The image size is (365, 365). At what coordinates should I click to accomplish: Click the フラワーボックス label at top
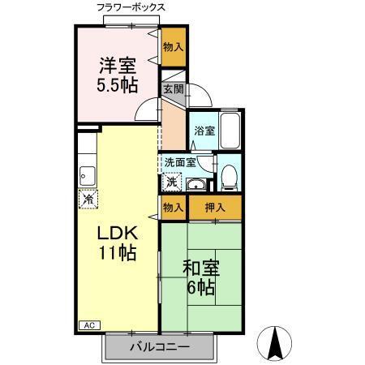[x=131, y=7]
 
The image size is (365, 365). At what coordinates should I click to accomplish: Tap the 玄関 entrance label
[x=173, y=89]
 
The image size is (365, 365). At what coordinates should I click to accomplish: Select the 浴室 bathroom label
[x=204, y=131]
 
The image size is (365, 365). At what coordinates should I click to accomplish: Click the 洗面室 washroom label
[x=179, y=162]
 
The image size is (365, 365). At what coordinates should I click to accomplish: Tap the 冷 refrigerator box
[x=86, y=198]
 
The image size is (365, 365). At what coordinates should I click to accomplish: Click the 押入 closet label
[x=215, y=208]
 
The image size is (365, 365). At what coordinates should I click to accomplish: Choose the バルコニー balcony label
[x=160, y=347]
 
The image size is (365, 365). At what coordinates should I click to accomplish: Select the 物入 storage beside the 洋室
[x=173, y=48]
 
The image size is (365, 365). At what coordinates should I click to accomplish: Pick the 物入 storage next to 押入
[x=173, y=208]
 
